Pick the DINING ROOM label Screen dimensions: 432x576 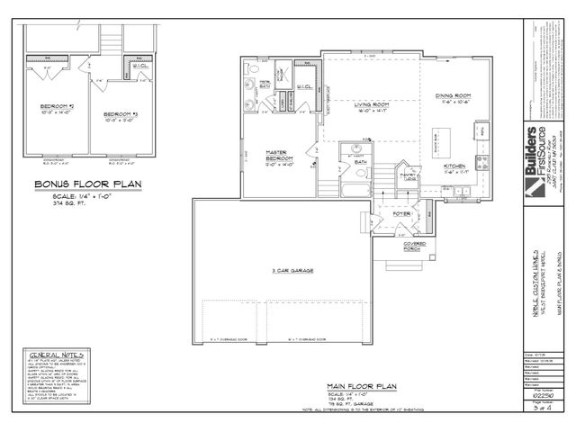(454, 95)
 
